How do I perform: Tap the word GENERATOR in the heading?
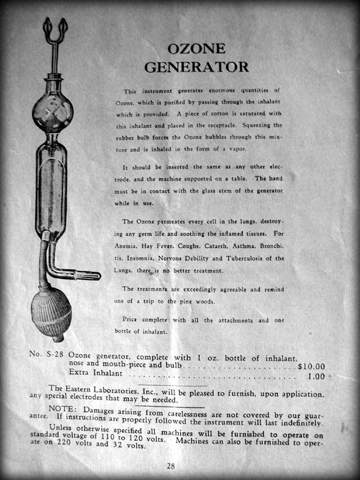pyautogui.click(x=196, y=66)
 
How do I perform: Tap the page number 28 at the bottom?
pyautogui.click(x=171, y=465)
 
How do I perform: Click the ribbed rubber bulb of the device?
pyautogui.click(x=51, y=313)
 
